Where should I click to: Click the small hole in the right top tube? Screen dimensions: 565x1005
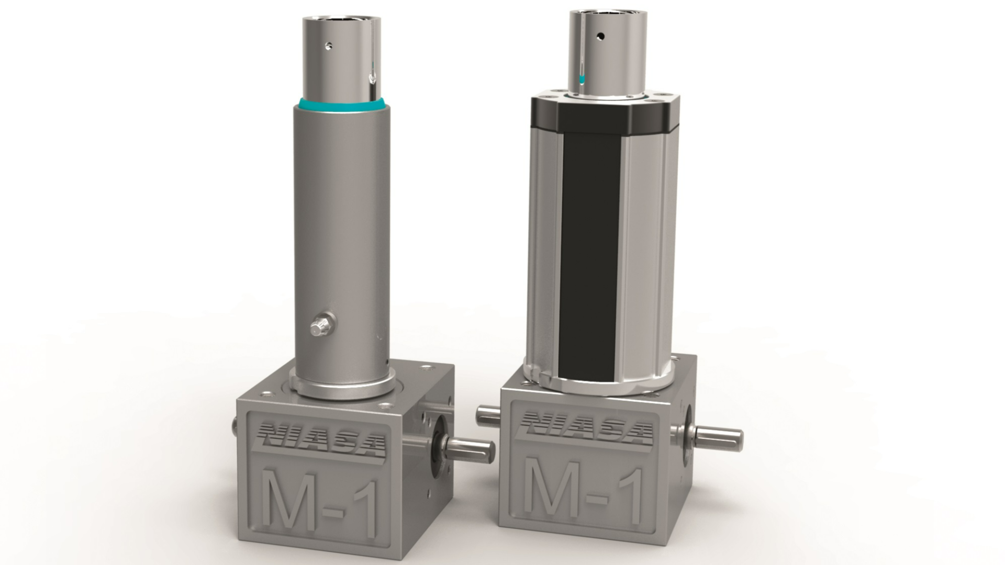click(600, 36)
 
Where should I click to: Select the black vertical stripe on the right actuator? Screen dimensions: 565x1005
click(589, 251)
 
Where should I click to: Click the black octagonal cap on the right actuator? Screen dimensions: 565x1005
click(602, 115)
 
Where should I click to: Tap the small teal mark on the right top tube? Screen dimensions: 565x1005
click(582, 80)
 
